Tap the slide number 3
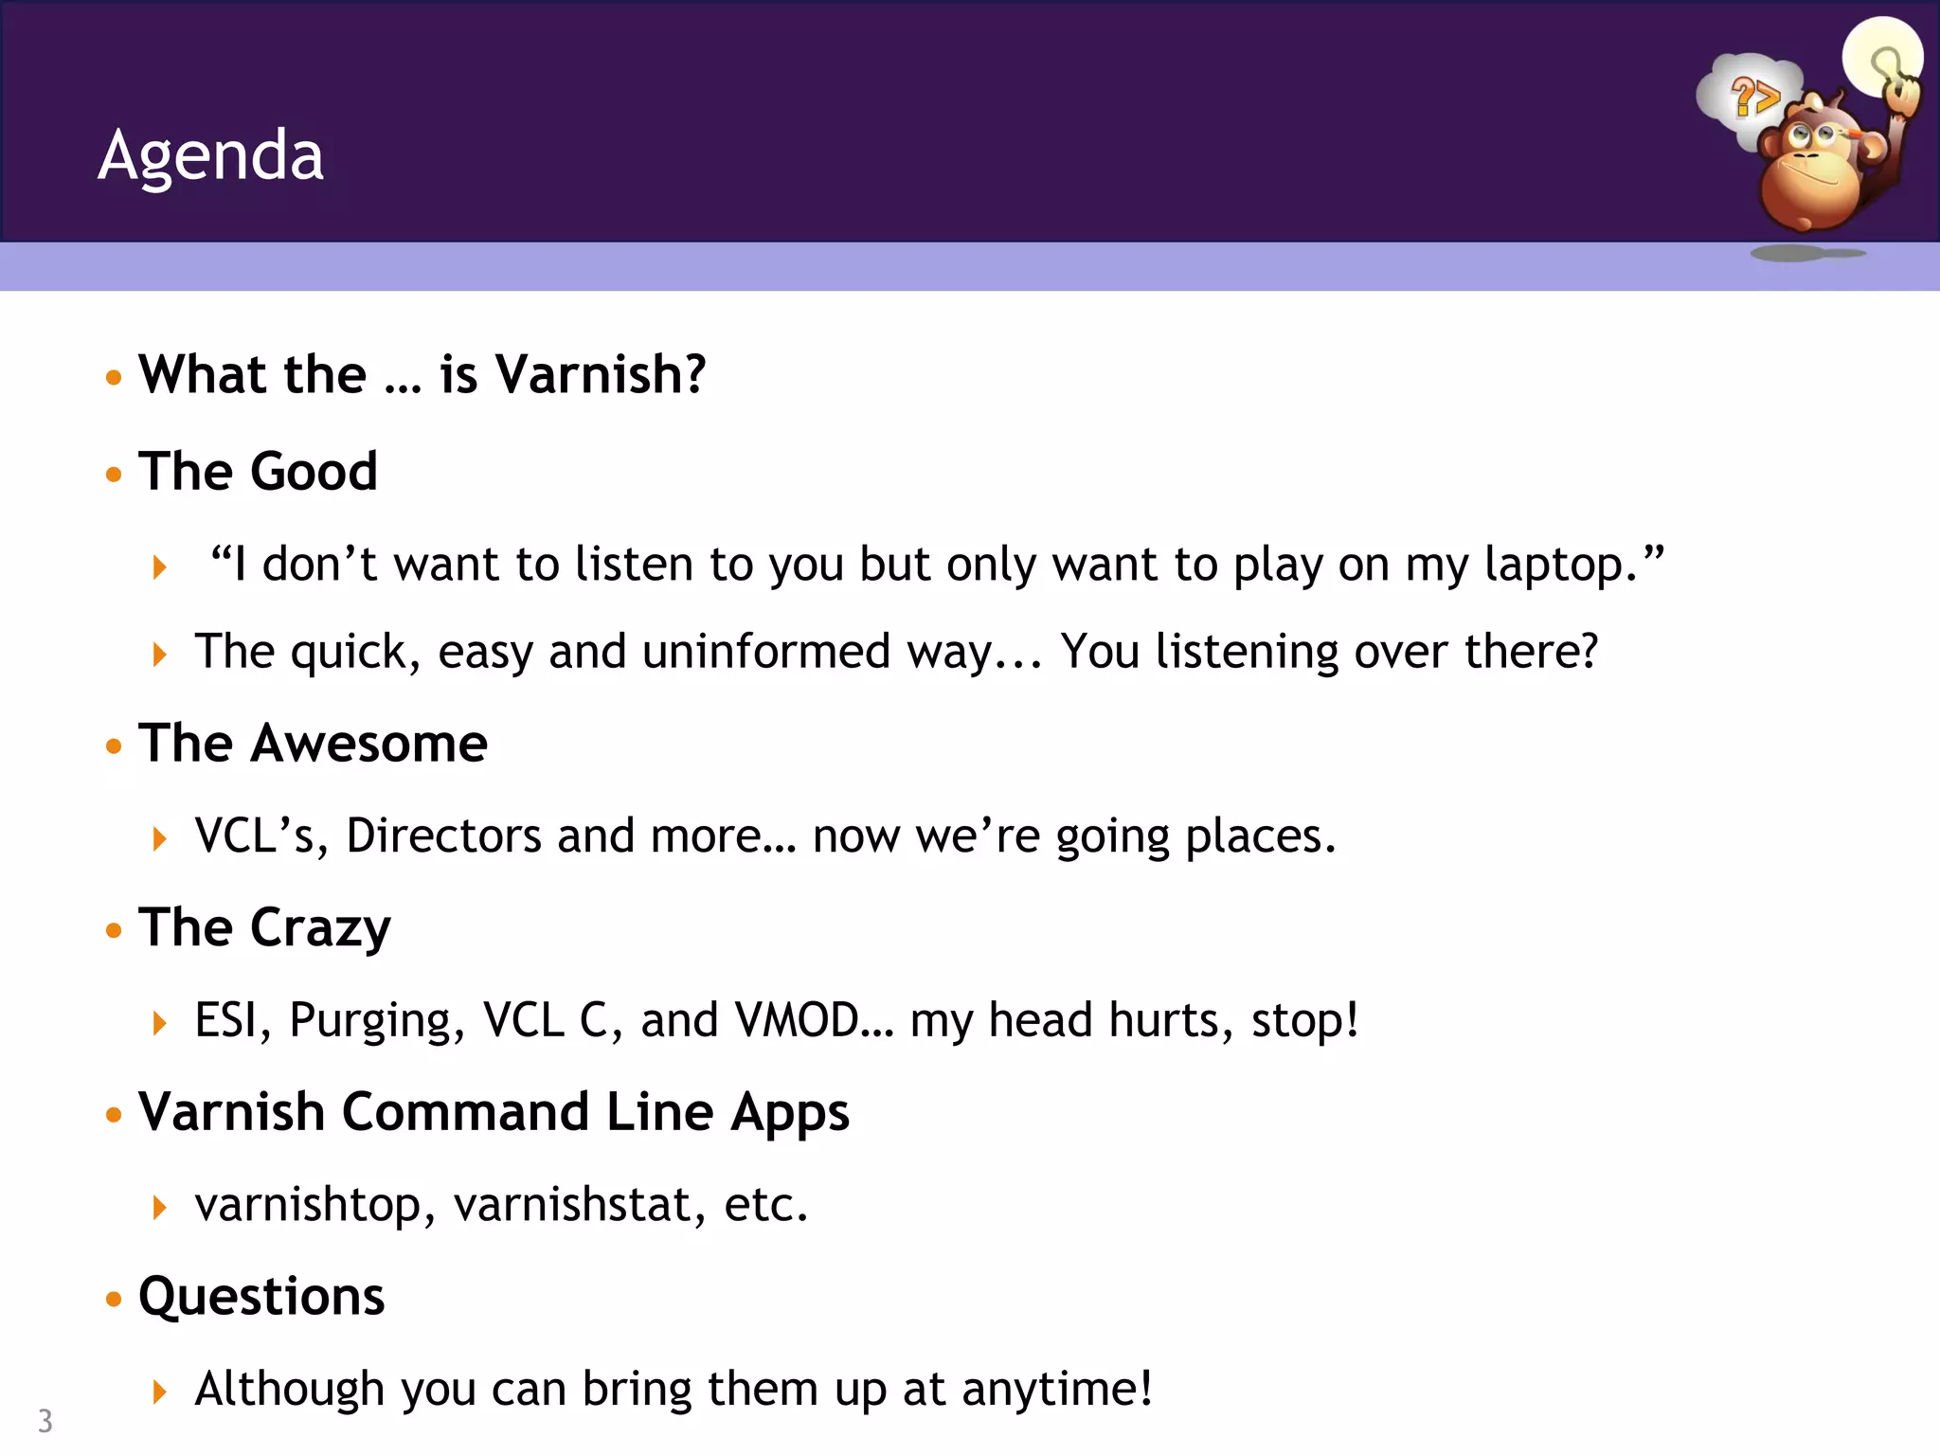(x=45, y=1421)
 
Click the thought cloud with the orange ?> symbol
(x=1751, y=96)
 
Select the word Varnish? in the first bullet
(x=601, y=374)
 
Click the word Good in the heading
(x=314, y=471)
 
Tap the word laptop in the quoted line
(x=1554, y=565)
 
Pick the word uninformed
(x=765, y=652)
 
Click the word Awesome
(x=369, y=743)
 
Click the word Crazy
(x=320, y=927)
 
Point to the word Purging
(x=377, y=1020)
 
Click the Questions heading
(x=261, y=1296)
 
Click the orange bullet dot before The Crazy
(x=115, y=930)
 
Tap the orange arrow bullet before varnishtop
(x=159, y=1207)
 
